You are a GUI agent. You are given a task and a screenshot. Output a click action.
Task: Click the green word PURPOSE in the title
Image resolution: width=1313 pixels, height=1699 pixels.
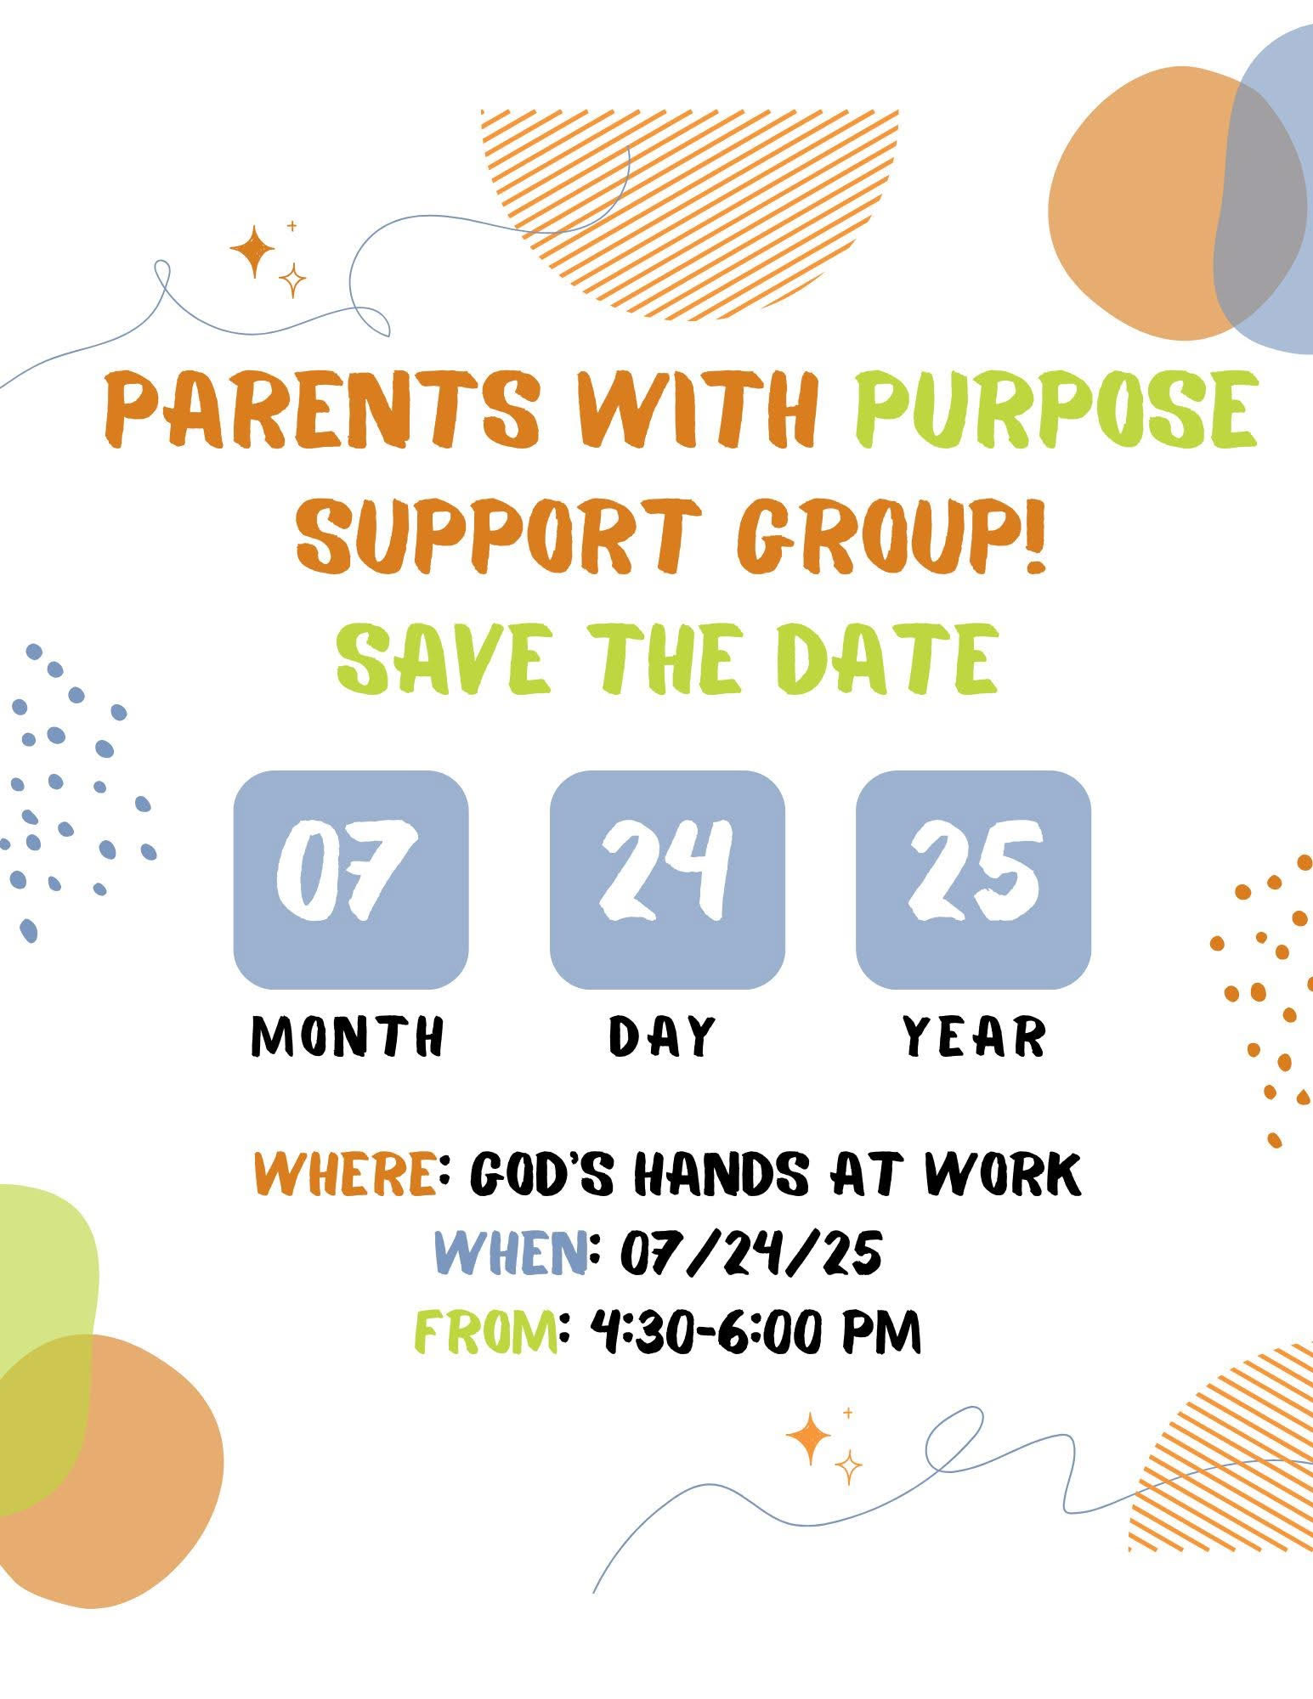tap(1055, 409)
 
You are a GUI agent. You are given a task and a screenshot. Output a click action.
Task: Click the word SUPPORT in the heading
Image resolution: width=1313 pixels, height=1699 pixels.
tap(500, 536)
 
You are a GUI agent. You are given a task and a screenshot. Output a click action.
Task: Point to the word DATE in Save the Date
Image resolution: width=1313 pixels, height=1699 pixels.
tap(887, 660)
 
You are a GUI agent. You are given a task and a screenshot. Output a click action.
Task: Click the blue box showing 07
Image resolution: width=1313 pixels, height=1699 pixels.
tap(351, 880)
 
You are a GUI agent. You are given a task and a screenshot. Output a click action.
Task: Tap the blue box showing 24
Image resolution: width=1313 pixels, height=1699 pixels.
tap(667, 880)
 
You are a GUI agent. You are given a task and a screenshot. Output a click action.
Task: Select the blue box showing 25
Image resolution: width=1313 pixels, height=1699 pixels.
tap(973, 880)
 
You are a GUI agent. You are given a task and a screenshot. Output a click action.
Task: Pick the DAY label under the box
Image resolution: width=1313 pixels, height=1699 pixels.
tap(663, 1036)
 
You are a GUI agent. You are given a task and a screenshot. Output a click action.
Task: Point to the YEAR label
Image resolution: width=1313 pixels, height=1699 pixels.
tap(974, 1036)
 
